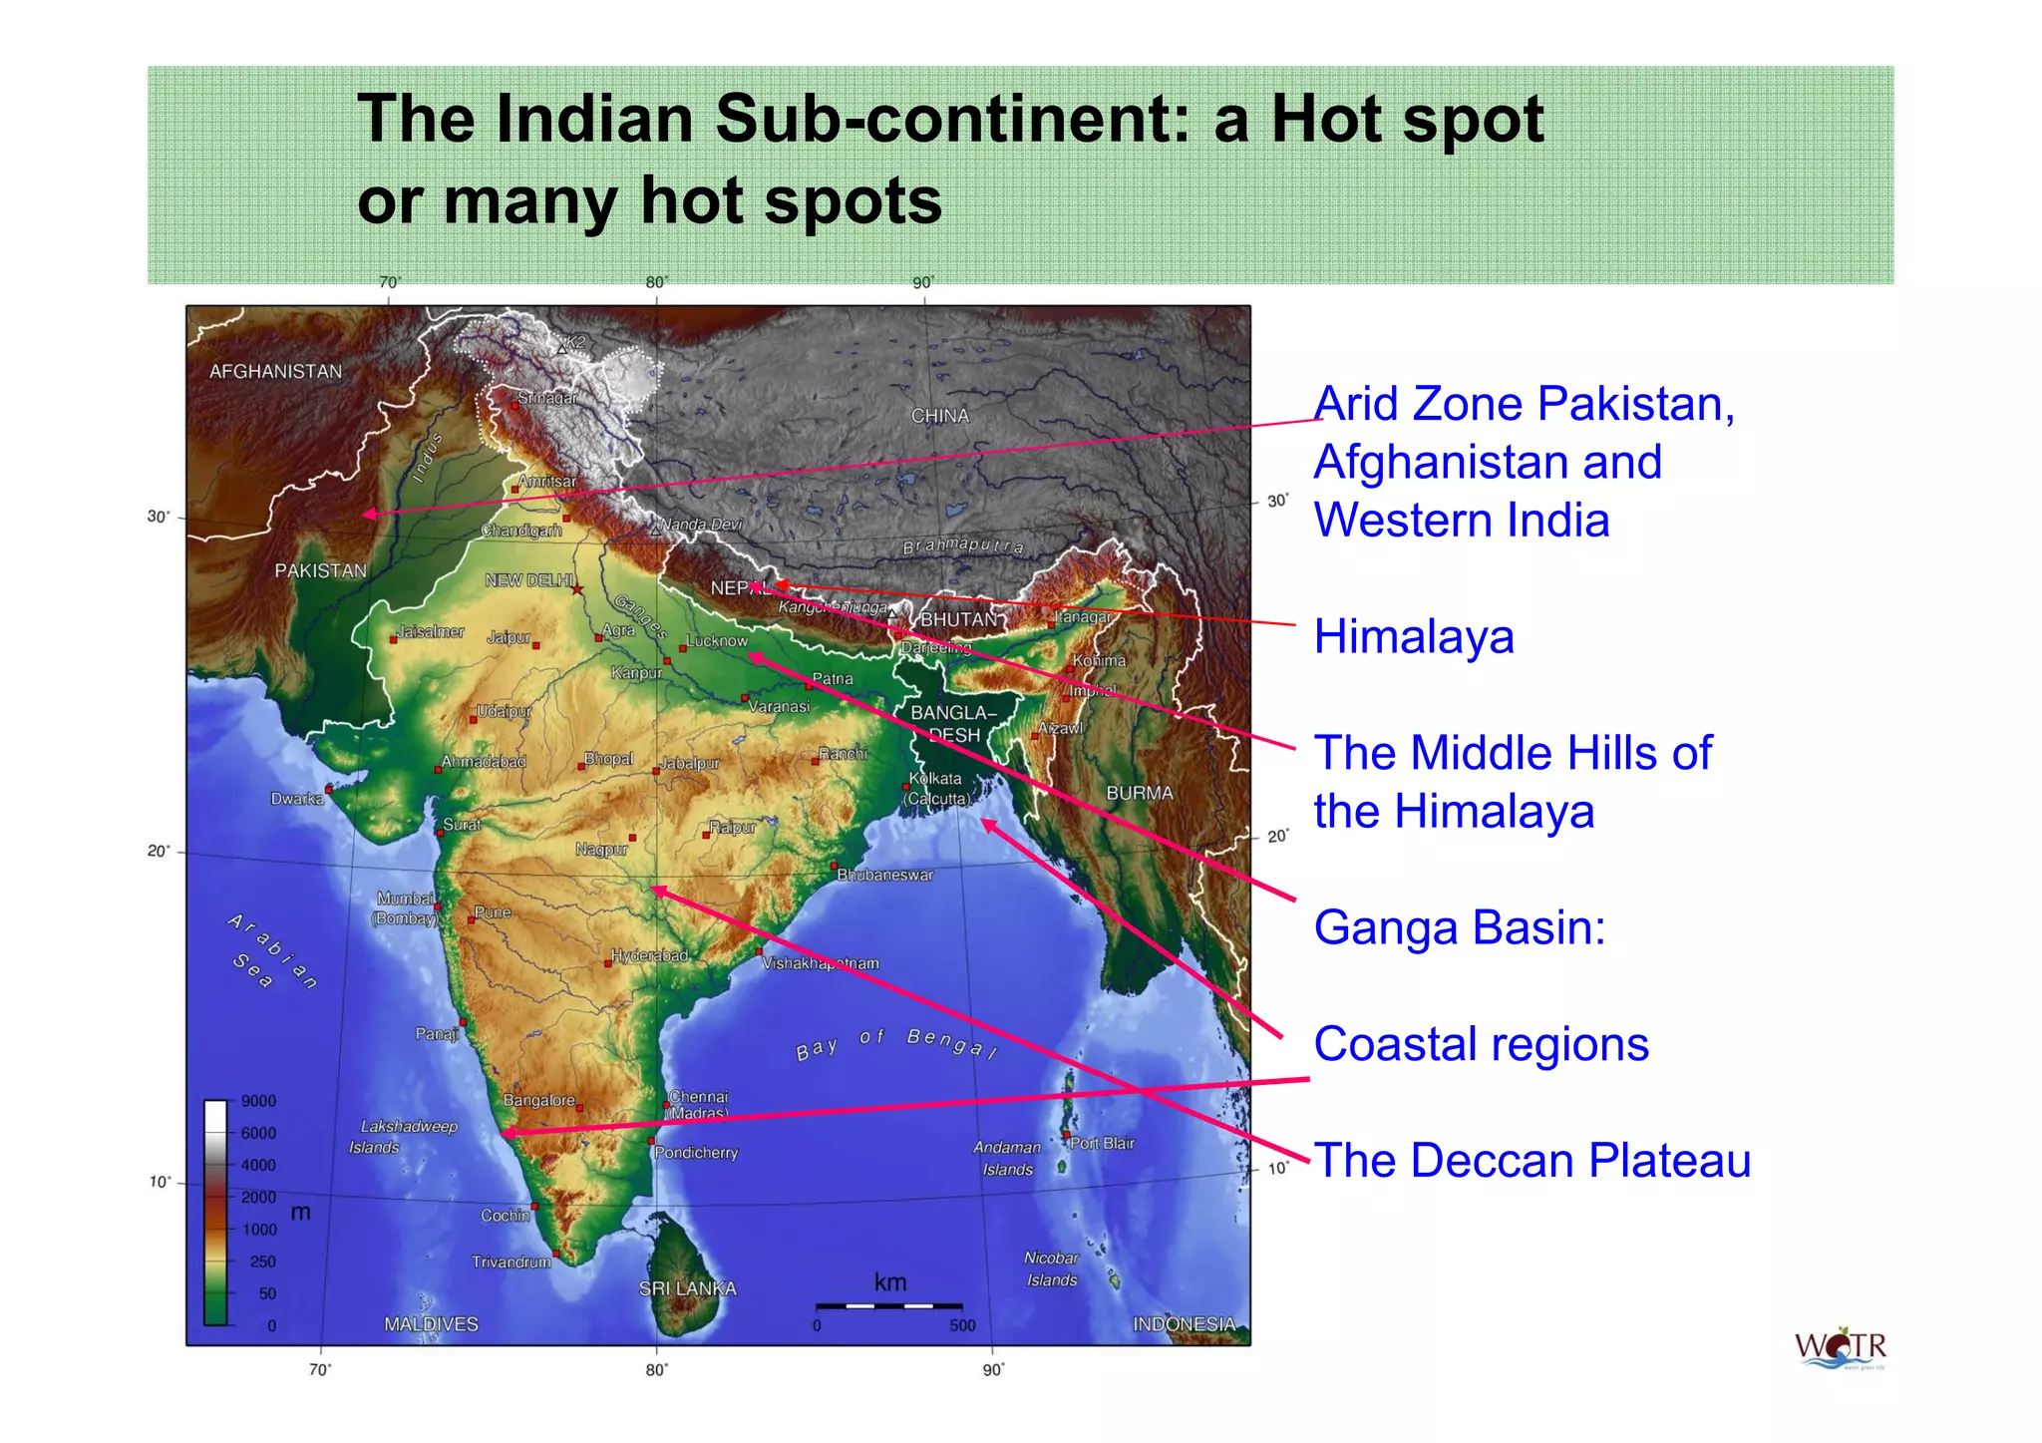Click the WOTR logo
[1841, 1348]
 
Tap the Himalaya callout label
[1413, 637]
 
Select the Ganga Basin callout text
[1459, 927]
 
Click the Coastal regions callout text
[1481, 1044]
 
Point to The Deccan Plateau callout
[1531, 1161]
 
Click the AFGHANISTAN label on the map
[275, 372]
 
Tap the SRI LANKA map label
[687, 1288]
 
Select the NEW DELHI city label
[528, 580]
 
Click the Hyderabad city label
[649, 955]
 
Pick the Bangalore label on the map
[538, 1100]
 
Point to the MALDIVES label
[431, 1324]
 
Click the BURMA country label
[1139, 793]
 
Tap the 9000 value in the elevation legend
[258, 1101]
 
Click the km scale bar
[888, 1304]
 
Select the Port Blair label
[1102, 1143]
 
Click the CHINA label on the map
[939, 416]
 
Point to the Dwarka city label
[296, 799]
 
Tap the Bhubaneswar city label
[884, 875]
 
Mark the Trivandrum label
[510, 1262]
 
